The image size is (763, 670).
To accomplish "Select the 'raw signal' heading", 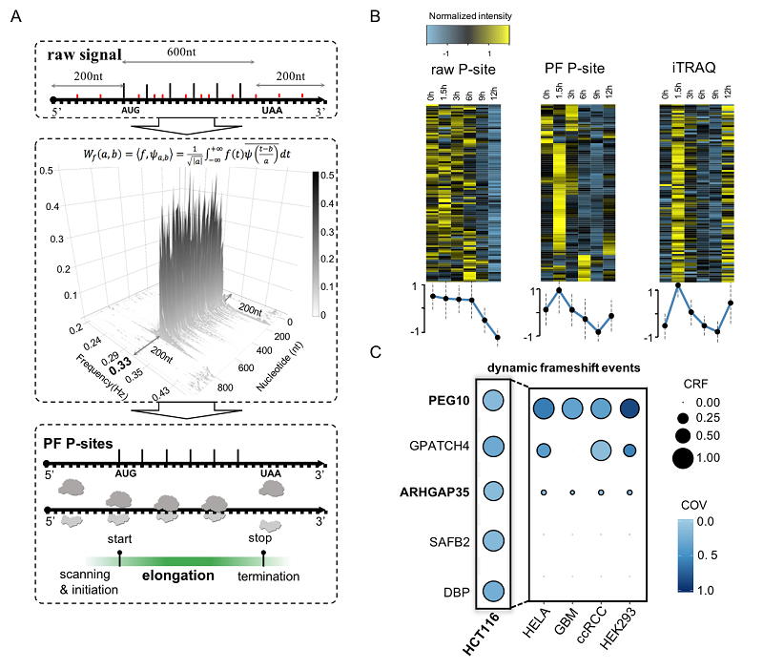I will [x=88, y=55].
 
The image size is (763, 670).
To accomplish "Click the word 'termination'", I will [x=269, y=576].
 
